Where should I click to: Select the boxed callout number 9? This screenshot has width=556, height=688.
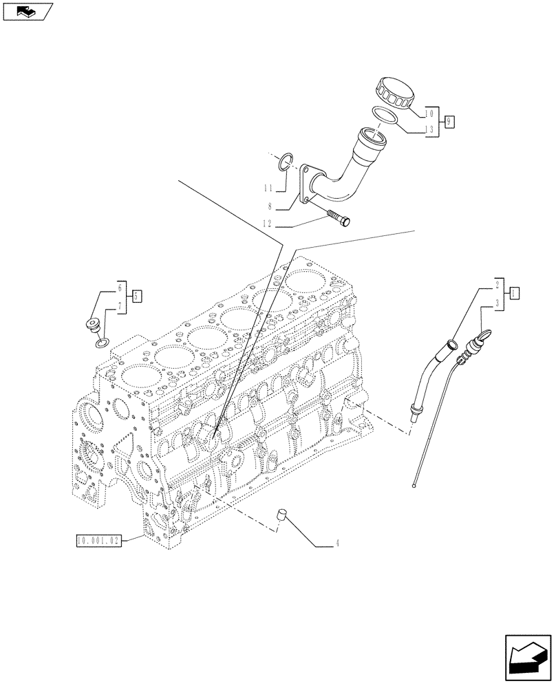(449, 121)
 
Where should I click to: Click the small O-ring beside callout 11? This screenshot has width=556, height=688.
(286, 163)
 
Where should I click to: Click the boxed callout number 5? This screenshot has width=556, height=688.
(137, 296)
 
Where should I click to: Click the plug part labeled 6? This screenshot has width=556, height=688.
(92, 325)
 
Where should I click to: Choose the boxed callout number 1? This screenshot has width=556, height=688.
(514, 292)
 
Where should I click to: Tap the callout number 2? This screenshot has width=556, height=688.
(496, 283)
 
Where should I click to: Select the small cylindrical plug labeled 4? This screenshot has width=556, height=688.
(281, 515)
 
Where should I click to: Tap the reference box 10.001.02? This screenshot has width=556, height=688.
(98, 541)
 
